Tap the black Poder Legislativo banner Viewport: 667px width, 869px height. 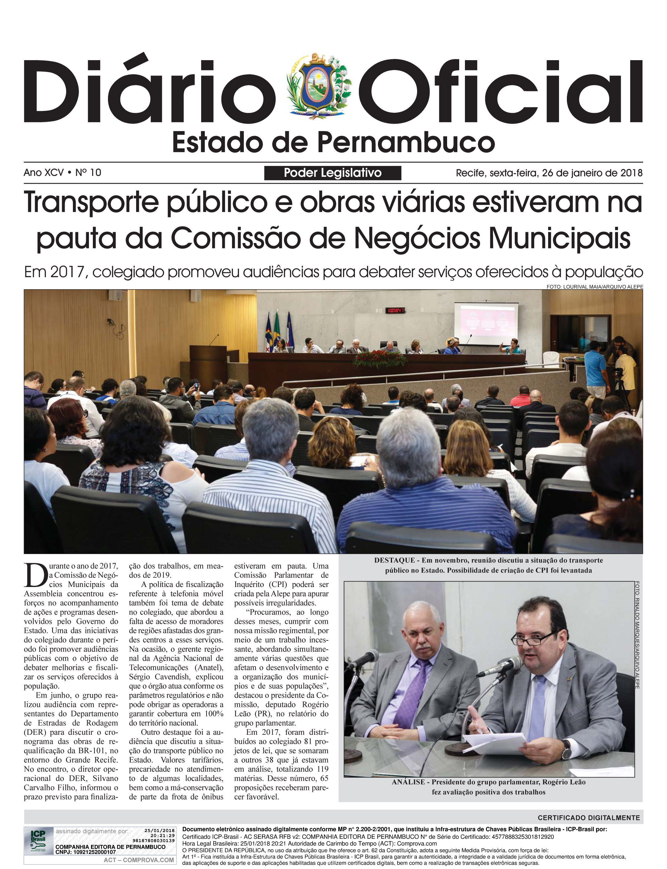point(332,173)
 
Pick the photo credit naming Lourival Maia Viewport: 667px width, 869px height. point(594,286)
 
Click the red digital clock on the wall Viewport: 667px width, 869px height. point(395,310)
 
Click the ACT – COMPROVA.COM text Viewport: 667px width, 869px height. point(139,860)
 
